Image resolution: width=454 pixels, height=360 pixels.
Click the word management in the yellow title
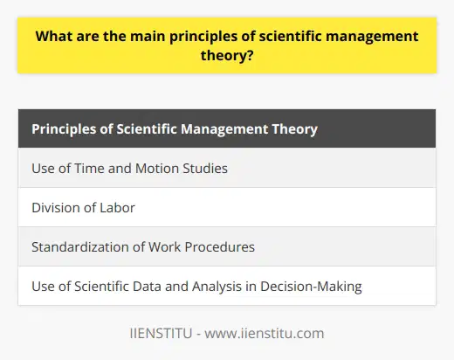click(x=366, y=36)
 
